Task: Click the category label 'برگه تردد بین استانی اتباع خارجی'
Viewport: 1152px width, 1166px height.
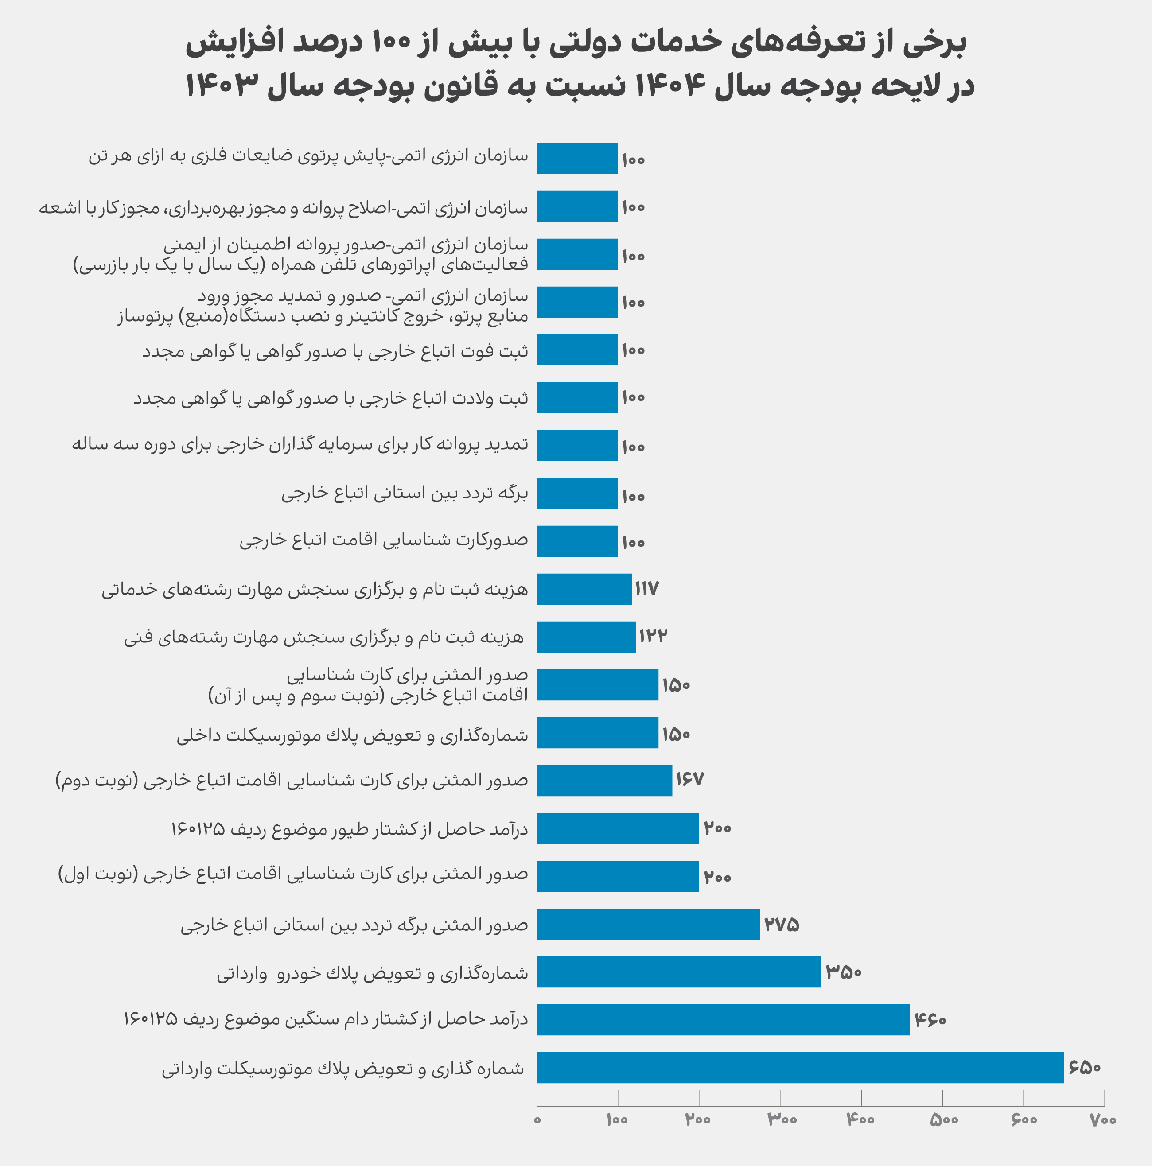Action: click(405, 494)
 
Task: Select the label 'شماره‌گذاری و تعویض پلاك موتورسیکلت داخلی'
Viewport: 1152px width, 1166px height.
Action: click(352, 735)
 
